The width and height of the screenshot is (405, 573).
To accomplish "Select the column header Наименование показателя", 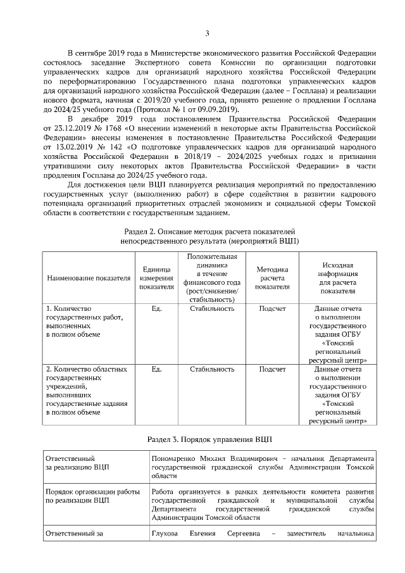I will [89, 278].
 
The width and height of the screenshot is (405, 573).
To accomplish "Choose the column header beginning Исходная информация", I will [337, 278].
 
